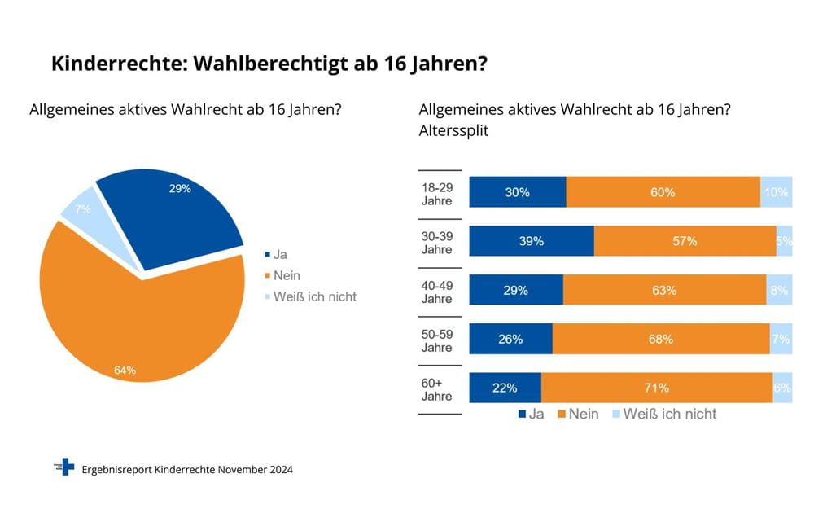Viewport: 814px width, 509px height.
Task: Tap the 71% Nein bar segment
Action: coord(656,388)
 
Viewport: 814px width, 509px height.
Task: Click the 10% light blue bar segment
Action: coord(776,192)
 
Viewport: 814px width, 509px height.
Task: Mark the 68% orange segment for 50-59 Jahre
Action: coord(660,339)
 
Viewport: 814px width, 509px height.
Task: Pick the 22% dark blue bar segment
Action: coord(505,388)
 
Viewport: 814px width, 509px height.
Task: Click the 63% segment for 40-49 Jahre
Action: coord(664,290)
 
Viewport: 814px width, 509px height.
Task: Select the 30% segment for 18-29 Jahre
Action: coord(518,192)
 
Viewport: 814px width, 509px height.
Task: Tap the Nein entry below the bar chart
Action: coord(577,415)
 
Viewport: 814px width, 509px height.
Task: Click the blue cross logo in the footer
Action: coord(64,467)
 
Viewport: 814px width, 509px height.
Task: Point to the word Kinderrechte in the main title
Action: coord(108,64)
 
